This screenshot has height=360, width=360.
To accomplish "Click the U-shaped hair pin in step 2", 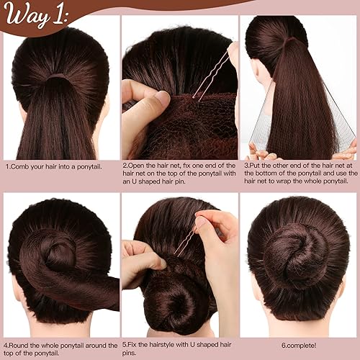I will [x=212, y=76].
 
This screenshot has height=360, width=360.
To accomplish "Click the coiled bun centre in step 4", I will [x=58, y=253].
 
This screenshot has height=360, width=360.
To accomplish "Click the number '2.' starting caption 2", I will [x=125, y=166].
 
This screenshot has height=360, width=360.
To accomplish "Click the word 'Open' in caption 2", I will [x=138, y=166].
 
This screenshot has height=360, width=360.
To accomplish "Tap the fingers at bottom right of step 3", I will [x=346, y=151].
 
